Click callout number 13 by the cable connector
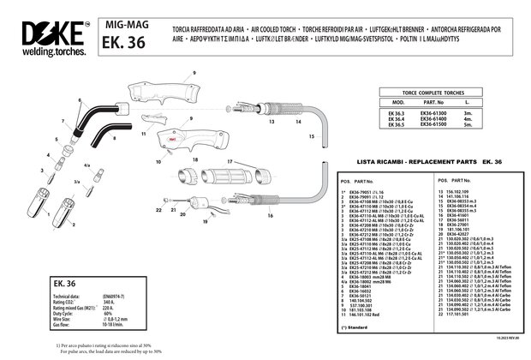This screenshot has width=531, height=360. pos(271,123)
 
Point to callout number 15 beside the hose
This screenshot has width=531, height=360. pos(311,136)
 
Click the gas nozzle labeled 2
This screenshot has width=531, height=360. pos(65,208)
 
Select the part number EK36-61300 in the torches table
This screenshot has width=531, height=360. pos(434,112)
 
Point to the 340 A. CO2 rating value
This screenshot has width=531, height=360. pos(109,303)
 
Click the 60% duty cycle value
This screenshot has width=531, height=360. pos(109,315)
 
